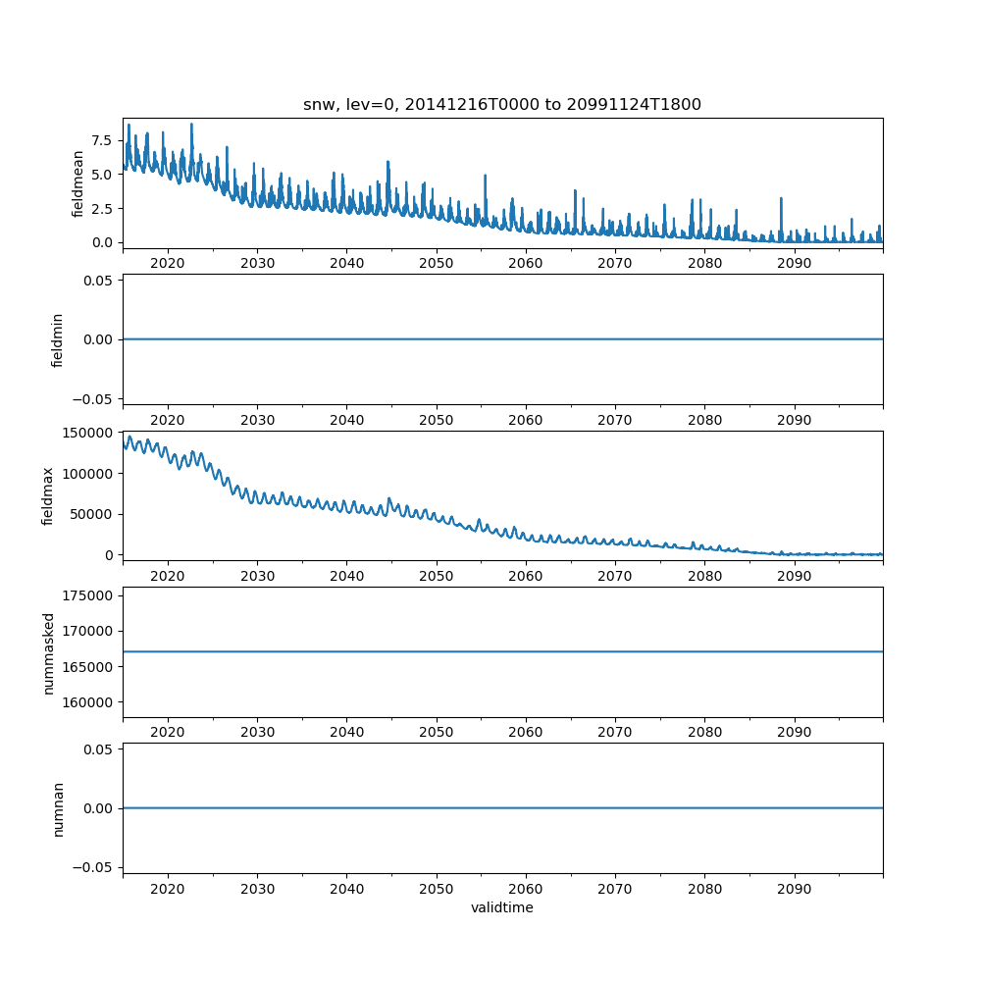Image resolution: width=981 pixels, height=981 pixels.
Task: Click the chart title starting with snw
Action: pyautogui.click(x=502, y=105)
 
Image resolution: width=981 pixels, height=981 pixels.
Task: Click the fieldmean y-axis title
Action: pyautogui.click(x=78, y=183)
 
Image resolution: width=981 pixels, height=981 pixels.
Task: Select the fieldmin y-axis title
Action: pyautogui.click(x=58, y=339)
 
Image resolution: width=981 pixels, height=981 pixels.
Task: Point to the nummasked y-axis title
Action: pyautogui.click(x=48, y=652)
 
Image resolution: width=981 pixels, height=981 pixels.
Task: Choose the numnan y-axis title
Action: pyautogui.click(x=58, y=808)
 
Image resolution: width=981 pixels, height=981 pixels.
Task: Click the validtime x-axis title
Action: pyautogui.click(x=502, y=908)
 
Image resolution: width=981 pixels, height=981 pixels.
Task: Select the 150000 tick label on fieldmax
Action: pyautogui.click(x=87, y=432)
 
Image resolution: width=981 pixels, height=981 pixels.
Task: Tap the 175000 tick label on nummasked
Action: pyautogui.click(x=87, y=595)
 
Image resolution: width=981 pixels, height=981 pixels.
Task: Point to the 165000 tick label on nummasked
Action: pyautogui.click(x=87, y=667)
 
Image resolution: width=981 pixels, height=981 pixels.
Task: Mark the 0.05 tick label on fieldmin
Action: pyautogui.click(x=95, y=281)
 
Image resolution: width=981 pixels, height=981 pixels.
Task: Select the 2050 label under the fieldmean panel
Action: pyautogui.click(x=436, y=264)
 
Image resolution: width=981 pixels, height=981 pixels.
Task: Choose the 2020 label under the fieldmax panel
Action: pyautogui.click(x=168, y=577)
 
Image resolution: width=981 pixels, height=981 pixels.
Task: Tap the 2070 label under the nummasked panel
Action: pyautogui.click(x=615, y=733)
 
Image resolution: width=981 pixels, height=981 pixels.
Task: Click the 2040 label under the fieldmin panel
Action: pyautogui.click(x=346, y=420)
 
